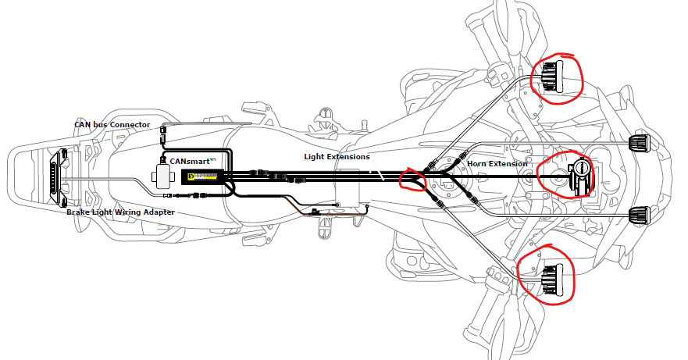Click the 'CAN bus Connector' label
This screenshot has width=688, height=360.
pos(112,124)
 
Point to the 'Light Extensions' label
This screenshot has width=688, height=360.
pos(337,157)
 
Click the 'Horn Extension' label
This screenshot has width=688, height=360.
pos(497,163)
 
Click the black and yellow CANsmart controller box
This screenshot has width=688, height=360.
pos(204,178)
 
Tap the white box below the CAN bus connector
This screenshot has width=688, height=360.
pos(163,176)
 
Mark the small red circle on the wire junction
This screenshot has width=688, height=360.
pos(412,180)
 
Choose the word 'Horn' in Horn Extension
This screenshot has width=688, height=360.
pos(479,163)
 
